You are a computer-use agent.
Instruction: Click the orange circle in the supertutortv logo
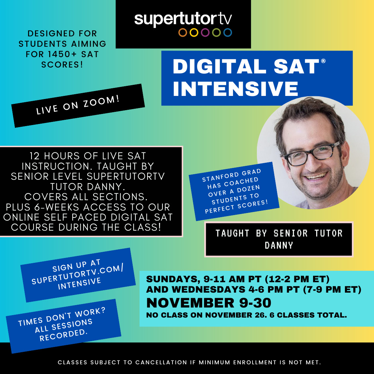183,33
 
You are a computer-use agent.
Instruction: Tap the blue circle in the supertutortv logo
228,33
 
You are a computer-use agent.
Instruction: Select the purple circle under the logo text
205,33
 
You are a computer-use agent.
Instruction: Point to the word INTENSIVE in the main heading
236,89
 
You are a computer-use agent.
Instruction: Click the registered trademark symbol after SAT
323,61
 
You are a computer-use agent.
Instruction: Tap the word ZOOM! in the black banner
101,102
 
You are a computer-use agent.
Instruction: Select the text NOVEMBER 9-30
209,303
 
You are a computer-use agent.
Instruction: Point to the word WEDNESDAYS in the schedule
208,289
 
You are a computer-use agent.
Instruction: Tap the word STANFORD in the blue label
220,177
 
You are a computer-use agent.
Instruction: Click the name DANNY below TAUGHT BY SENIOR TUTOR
279,245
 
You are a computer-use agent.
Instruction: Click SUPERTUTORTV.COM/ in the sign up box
78,275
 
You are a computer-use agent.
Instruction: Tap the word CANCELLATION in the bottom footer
161,362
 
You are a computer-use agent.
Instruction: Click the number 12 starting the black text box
35,156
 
